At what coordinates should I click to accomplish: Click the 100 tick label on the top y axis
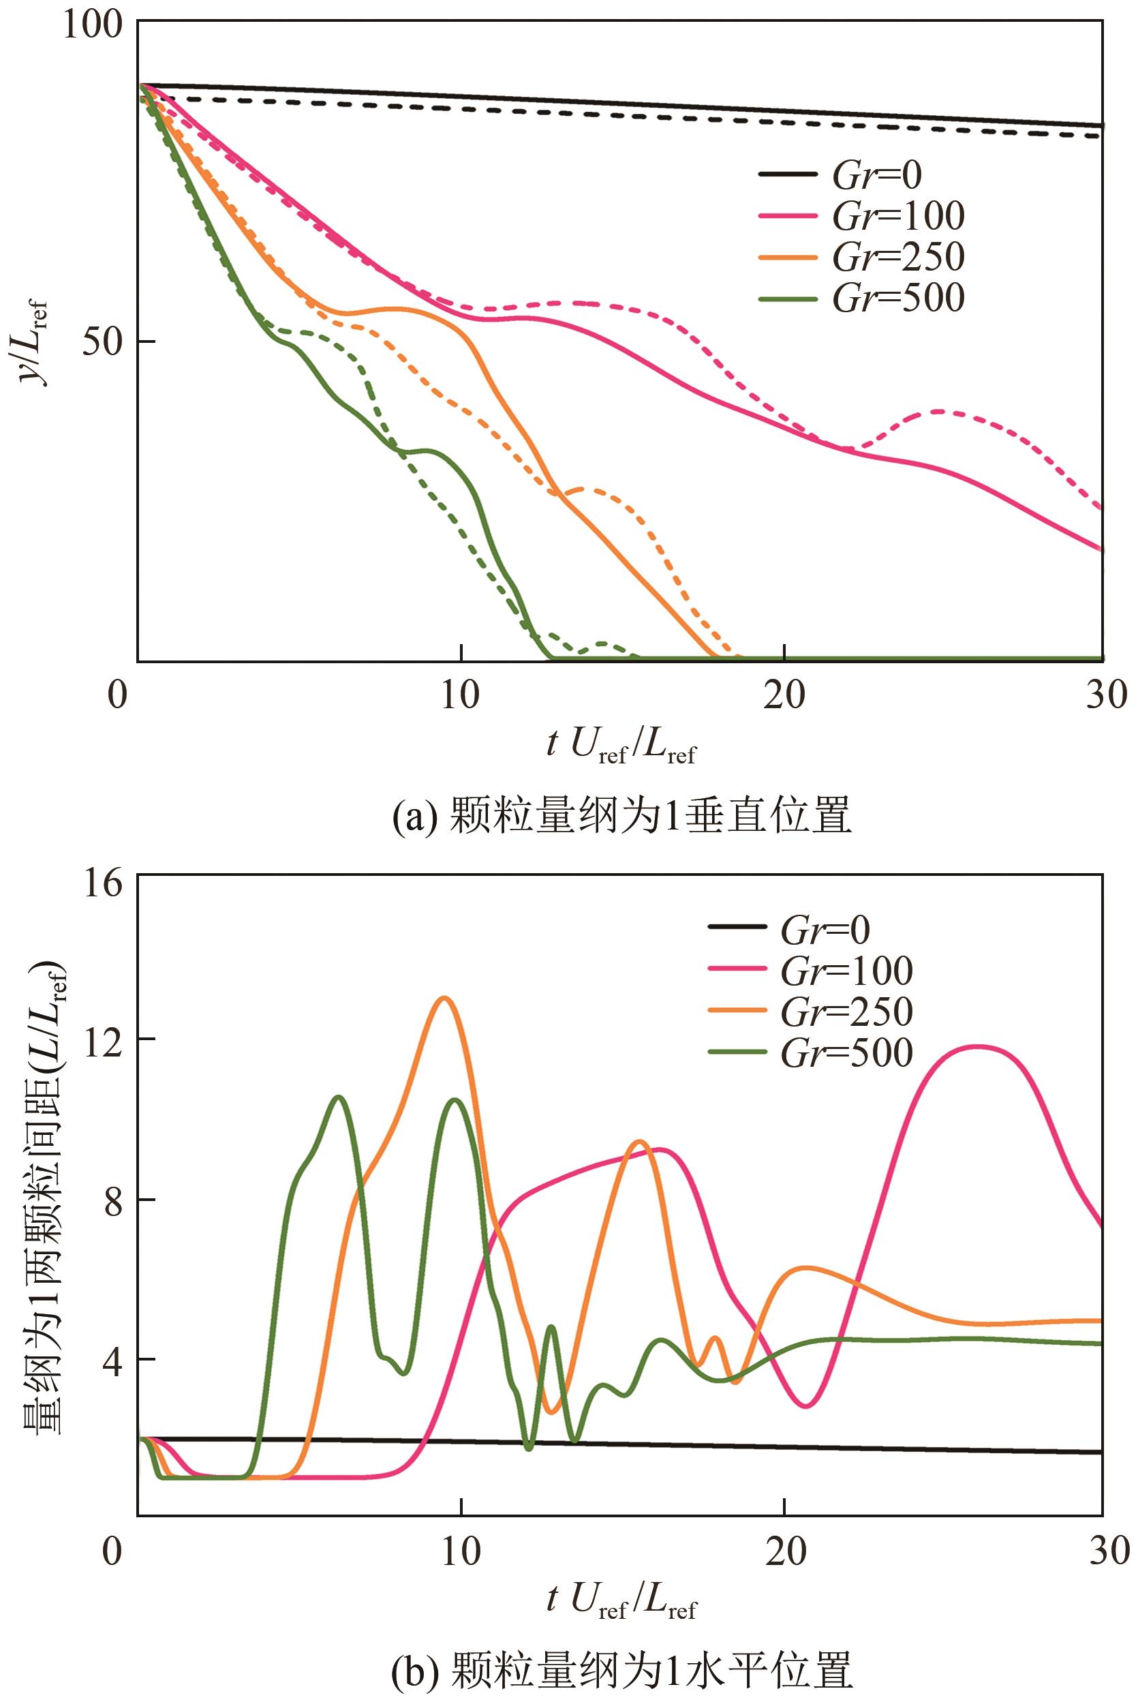[90, 25]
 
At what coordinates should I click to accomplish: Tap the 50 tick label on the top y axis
[100, 343]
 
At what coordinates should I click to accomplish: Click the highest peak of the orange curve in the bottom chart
[444, 999]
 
